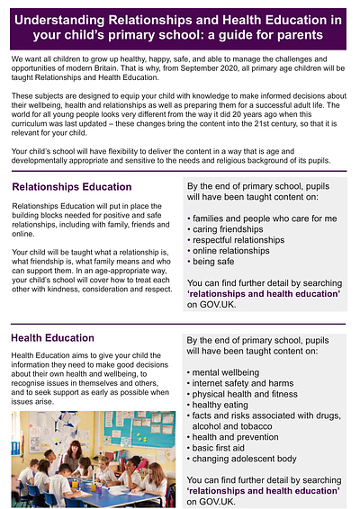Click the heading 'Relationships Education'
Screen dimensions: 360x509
71,187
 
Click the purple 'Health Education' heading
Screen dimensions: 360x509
52,339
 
